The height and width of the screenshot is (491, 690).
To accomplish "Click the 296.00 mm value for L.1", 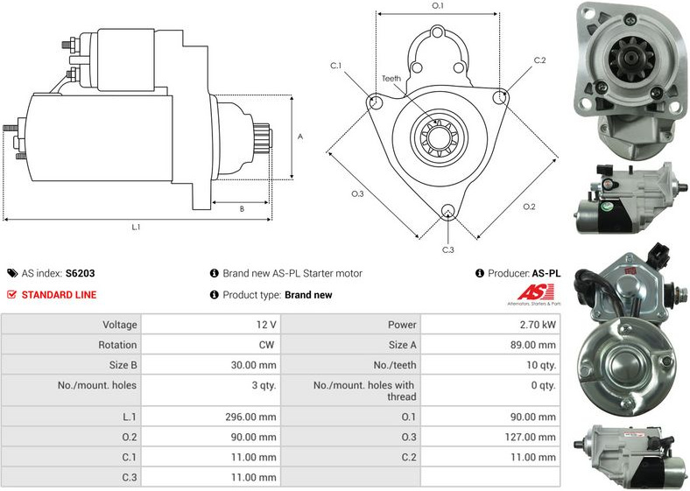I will (250, 417).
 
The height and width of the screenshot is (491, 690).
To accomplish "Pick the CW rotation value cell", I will (266, 345).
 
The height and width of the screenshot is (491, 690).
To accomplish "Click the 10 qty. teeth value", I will (537, 365).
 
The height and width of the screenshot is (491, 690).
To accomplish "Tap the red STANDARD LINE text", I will (59, 295).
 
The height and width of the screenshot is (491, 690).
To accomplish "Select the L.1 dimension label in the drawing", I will (136, 228).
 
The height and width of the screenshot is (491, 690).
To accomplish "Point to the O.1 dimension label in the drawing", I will (438, 6).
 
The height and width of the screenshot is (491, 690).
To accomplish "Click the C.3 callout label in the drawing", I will (447, 250).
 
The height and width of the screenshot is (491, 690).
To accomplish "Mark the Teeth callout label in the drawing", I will (391, 79).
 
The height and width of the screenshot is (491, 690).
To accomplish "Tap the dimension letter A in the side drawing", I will (300, 137).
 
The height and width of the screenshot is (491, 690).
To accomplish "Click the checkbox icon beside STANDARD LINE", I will (11, 295).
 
